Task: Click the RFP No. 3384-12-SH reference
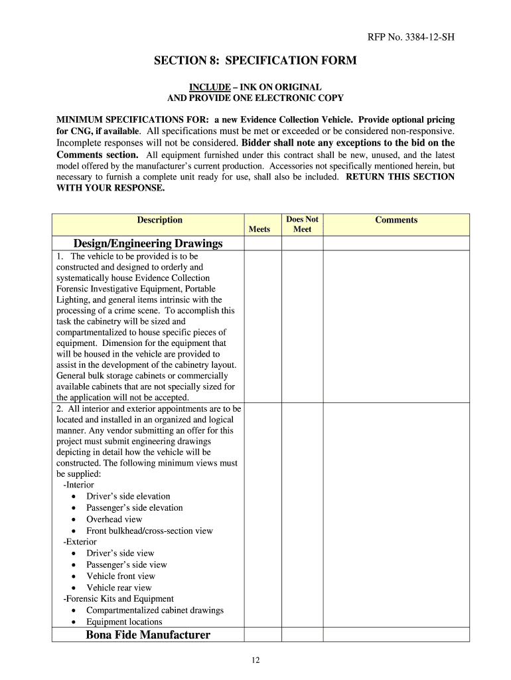[x=411, y=37]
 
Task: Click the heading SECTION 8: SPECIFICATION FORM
[x=256, y=61]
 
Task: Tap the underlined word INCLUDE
[x=205, y=87]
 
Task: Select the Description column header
[x=159, y=220]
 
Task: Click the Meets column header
[x=259, y=229]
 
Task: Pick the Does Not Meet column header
[x=302, y=224]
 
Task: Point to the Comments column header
[x=396, y=220]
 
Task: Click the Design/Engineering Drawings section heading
[x=148, y=243]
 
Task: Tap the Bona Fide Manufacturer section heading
[x=148, y=635]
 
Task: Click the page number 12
[x=256, y=659]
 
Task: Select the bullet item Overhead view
[x=114, y=519]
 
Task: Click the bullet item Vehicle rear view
[x=119, y=588]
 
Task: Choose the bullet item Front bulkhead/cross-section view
[x=149, y=531]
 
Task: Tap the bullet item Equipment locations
[x=124, y=622]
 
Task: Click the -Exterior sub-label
[x=80, y=542]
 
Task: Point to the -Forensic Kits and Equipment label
[x=118, y=599]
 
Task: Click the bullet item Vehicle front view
[x=121, y=576]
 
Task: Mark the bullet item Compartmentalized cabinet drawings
[x=155, y=610]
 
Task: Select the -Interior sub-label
[x=78, y=485]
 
